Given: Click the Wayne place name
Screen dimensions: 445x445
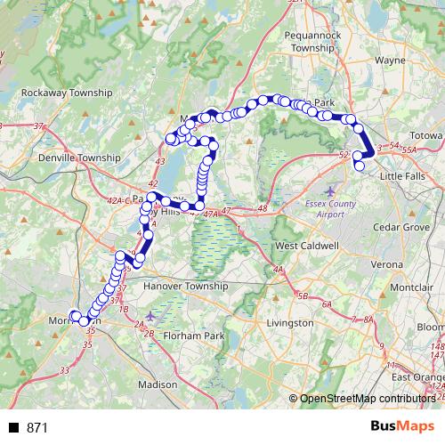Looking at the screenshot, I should (x=391, y=61).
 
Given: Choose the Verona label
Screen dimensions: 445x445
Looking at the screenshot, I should (x=387, y=265).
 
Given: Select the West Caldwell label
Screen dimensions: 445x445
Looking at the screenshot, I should (x=307, y=245).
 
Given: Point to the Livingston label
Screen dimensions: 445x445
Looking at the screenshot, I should (x=291, y=322).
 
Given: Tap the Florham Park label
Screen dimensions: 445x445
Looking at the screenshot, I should (x=194, y=337).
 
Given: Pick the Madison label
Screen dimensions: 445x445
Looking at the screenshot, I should (x=159, y=384).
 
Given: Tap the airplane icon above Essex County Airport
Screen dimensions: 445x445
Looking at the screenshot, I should (x=332, y=190).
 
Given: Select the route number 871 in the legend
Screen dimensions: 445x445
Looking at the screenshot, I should (x=37, y=428).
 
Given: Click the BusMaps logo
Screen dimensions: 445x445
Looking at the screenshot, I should (x=402, y=427).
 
